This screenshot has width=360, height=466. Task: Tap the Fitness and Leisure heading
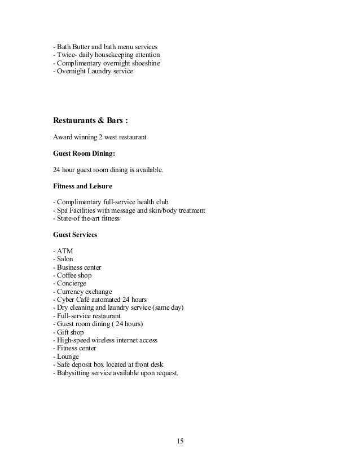point(82,186)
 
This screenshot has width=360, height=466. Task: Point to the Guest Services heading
point(74,234)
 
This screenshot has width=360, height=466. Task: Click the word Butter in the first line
point(82,46)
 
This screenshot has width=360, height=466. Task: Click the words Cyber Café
point(76,300)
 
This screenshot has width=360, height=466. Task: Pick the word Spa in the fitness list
point(62,210)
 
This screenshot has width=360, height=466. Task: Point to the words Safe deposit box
point(82,364)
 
